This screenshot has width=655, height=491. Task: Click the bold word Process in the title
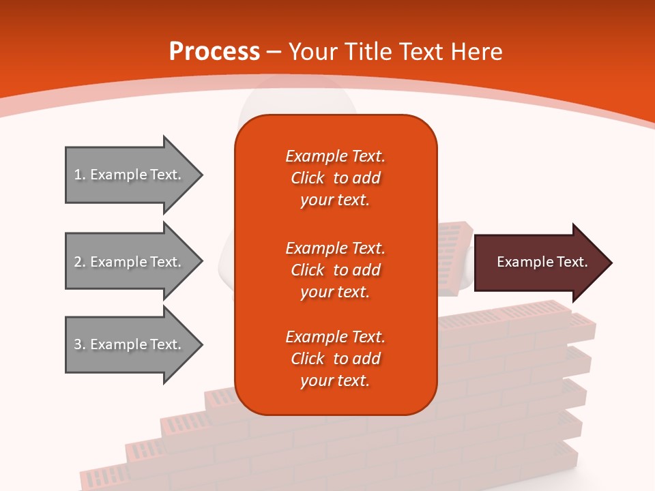tap(214, 52)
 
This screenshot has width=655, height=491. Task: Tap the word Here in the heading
tap(477, 52)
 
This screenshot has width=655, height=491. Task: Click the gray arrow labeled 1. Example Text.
tap(130, 175)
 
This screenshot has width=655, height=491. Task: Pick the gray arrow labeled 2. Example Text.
tap(130, 262)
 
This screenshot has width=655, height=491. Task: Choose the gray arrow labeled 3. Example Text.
tap(130, 344)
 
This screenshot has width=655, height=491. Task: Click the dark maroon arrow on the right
tap(539, 263)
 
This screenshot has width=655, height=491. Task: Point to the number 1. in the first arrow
tap(79, 175)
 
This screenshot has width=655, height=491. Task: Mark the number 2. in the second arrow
tap(79, 262)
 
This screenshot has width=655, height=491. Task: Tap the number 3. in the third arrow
tap(79, 344)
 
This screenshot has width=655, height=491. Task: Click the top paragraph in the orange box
tap(335, 178)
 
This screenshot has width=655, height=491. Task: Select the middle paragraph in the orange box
tap(335, 269)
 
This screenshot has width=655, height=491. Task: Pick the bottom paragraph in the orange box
tap(335, 359)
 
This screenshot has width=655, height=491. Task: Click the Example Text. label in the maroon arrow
tap(542, 262)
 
